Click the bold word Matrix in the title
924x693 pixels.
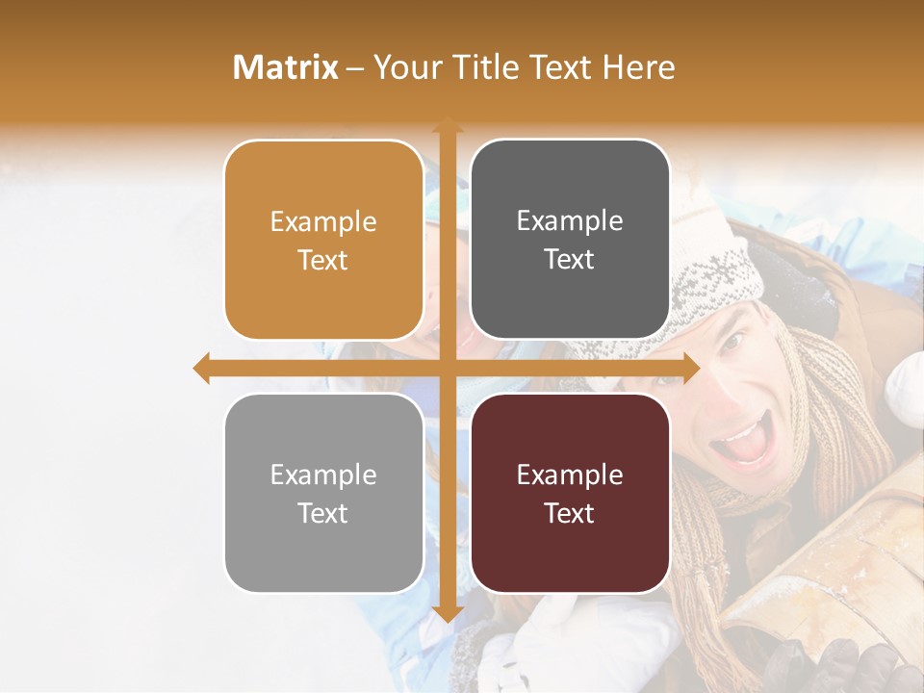(x=285, y=67)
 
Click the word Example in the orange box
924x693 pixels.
(x=323, y=222)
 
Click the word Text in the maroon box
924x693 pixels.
(x=570, y=513)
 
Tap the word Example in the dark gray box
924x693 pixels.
(x=570, y=221)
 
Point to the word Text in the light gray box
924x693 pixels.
(x=323, y=513)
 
